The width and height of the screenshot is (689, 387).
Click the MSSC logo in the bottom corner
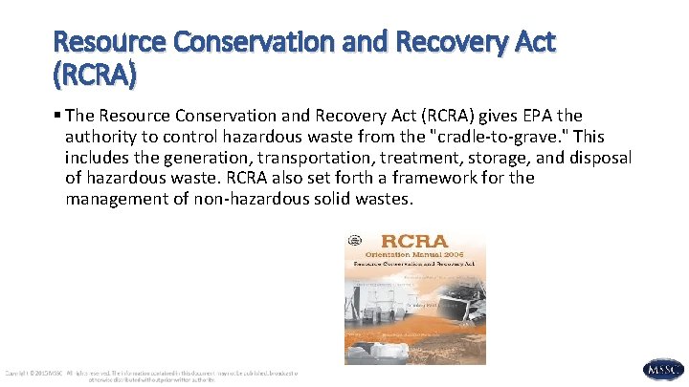coord(662,368)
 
